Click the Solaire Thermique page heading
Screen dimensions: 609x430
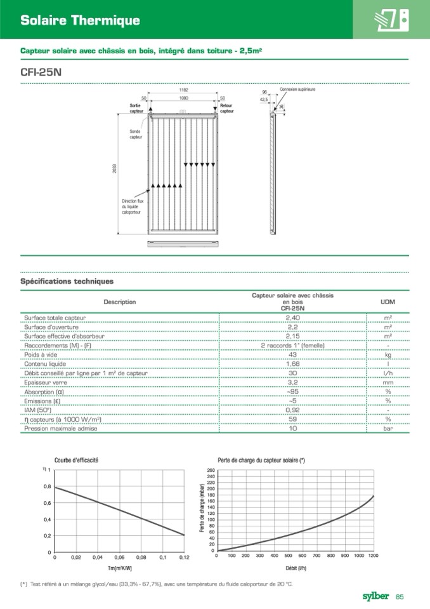click(79, 20)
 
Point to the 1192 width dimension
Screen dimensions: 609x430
click(183, 90)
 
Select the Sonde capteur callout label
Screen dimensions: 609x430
click(135, 134)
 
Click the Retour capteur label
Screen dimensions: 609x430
click(226, 108)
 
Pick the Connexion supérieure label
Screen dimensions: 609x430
click(297, 90)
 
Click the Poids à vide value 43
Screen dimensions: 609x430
click(292, 354)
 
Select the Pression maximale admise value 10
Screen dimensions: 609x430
click(292, 429)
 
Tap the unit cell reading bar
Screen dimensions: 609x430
click(388, 429)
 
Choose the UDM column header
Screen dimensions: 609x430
click(388, 302)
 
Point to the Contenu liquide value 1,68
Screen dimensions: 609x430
click(292, 364)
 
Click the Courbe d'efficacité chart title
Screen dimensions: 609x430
click(76, 460)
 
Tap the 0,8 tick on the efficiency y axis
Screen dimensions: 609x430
click(47, 486)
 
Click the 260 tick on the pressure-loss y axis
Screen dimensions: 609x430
click(211, 470)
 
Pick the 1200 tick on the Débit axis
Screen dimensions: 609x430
click(373, 556)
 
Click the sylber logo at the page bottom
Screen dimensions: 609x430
click(375, 596)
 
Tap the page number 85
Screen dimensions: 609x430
click(400, 596)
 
